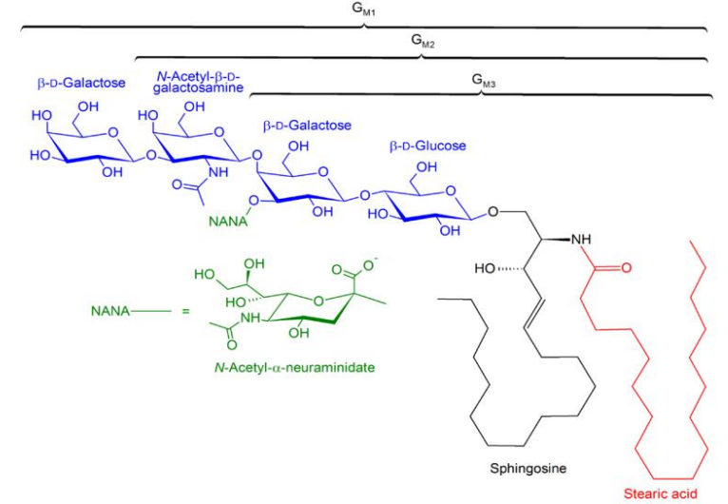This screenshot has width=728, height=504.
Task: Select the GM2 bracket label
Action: tap(424, 41)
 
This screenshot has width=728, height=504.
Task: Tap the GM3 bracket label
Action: tap(485, 84)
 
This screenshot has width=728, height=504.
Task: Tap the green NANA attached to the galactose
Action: tap(228, 222)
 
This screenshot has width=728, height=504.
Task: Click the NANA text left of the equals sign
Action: tap(108, 310)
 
